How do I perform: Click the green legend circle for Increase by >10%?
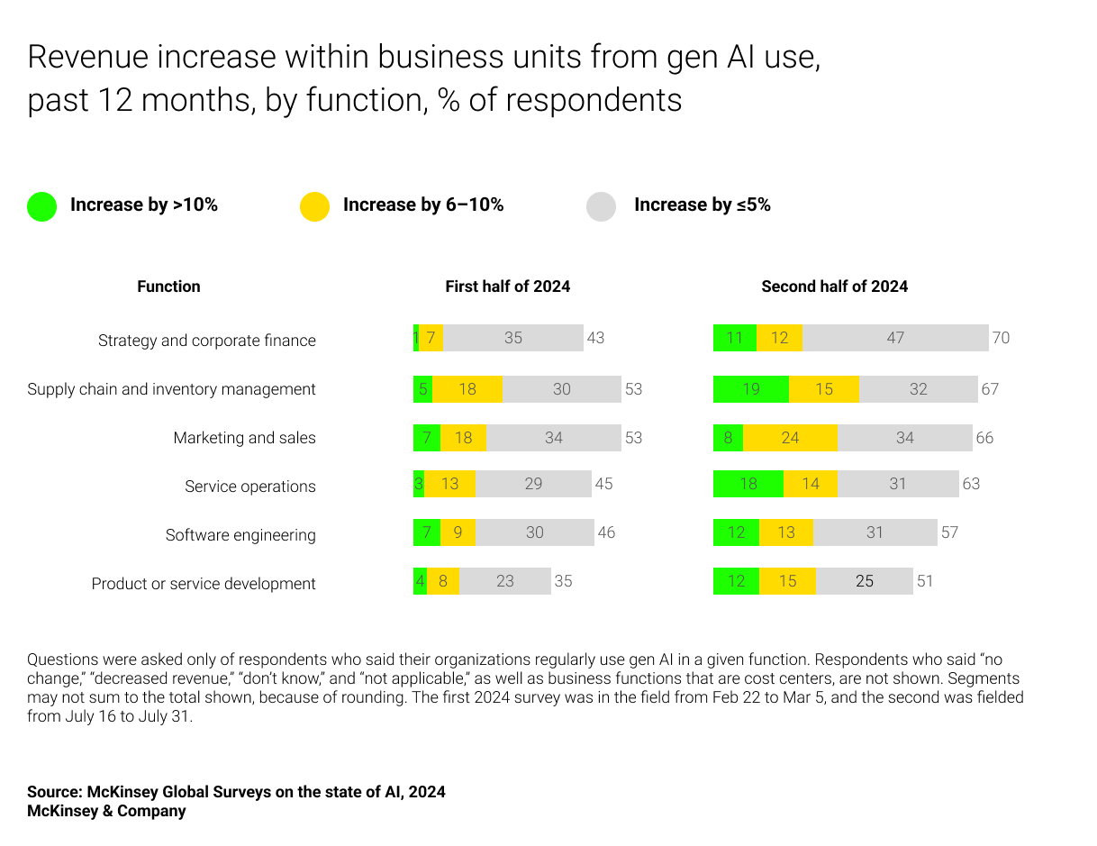click(x=41, y=206)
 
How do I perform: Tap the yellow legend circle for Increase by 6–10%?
click(x=314, y=206)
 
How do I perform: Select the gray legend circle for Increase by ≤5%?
click(x=601, y=206)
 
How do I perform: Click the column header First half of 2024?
click(x=507, y=287)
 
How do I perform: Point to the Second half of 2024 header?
click(x=834, y=287)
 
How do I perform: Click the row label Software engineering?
click(x=240, y=535)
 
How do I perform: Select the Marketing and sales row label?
click(x=244, y=438)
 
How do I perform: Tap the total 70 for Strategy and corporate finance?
click(x=1001, y=338)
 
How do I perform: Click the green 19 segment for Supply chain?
click(x=751, y=389)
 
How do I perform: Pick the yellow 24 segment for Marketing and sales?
click(x=790, y=438)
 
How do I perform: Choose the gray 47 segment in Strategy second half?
click(x=895, y=338)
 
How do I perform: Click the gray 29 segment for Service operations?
click(x=533, y=484)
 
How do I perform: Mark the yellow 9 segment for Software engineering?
click(x=458, y=532)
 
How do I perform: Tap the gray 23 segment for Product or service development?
click(x=504, y=581)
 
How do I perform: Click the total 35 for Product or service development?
click(x=563, y=581)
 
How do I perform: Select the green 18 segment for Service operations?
click(x=748, y=484)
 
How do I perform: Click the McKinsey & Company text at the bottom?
click(x=106, y=811)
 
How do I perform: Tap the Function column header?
click(x=168, y=287)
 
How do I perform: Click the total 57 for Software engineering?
click(x=949, y=532)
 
